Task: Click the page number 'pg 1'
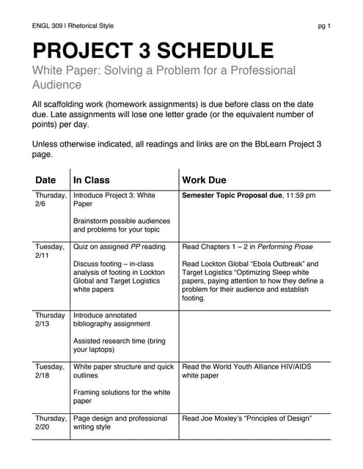pos(323,26)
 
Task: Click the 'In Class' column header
pos(92,180)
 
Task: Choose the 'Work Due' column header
pos(204,180)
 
